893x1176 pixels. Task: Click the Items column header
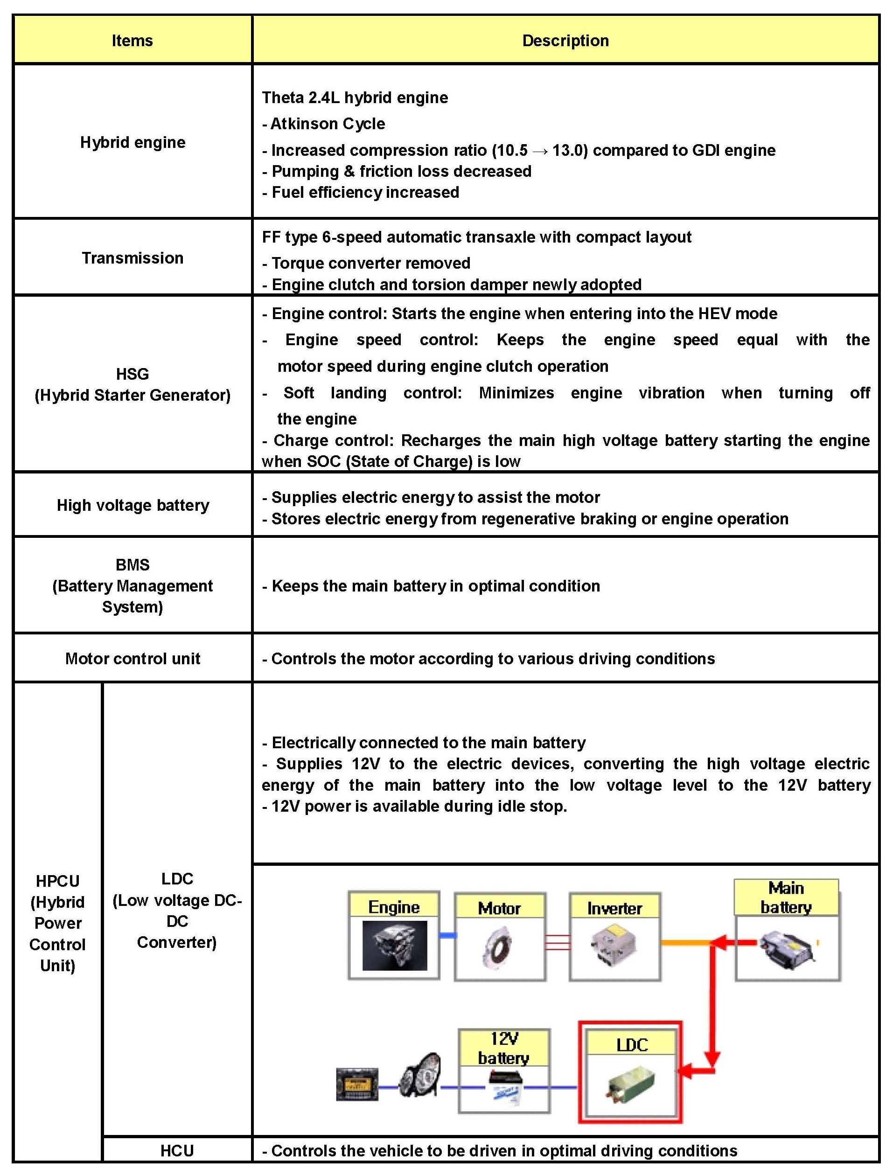(x=132, y=41)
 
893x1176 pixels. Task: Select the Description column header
(x=565, y=41)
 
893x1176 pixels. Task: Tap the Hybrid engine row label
(x=133, y=142)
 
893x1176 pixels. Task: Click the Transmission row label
(x=133, y=258)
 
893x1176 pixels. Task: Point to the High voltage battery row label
(x=133, y=505)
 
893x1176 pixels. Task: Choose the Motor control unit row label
(x=133, y=658)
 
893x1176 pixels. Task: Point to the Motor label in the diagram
(x=499, y=908)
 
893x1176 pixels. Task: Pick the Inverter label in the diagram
(x=614, y=908)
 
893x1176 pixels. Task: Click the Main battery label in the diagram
(x=786, y=898)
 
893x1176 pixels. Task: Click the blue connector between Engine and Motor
(x=447, y=936)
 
